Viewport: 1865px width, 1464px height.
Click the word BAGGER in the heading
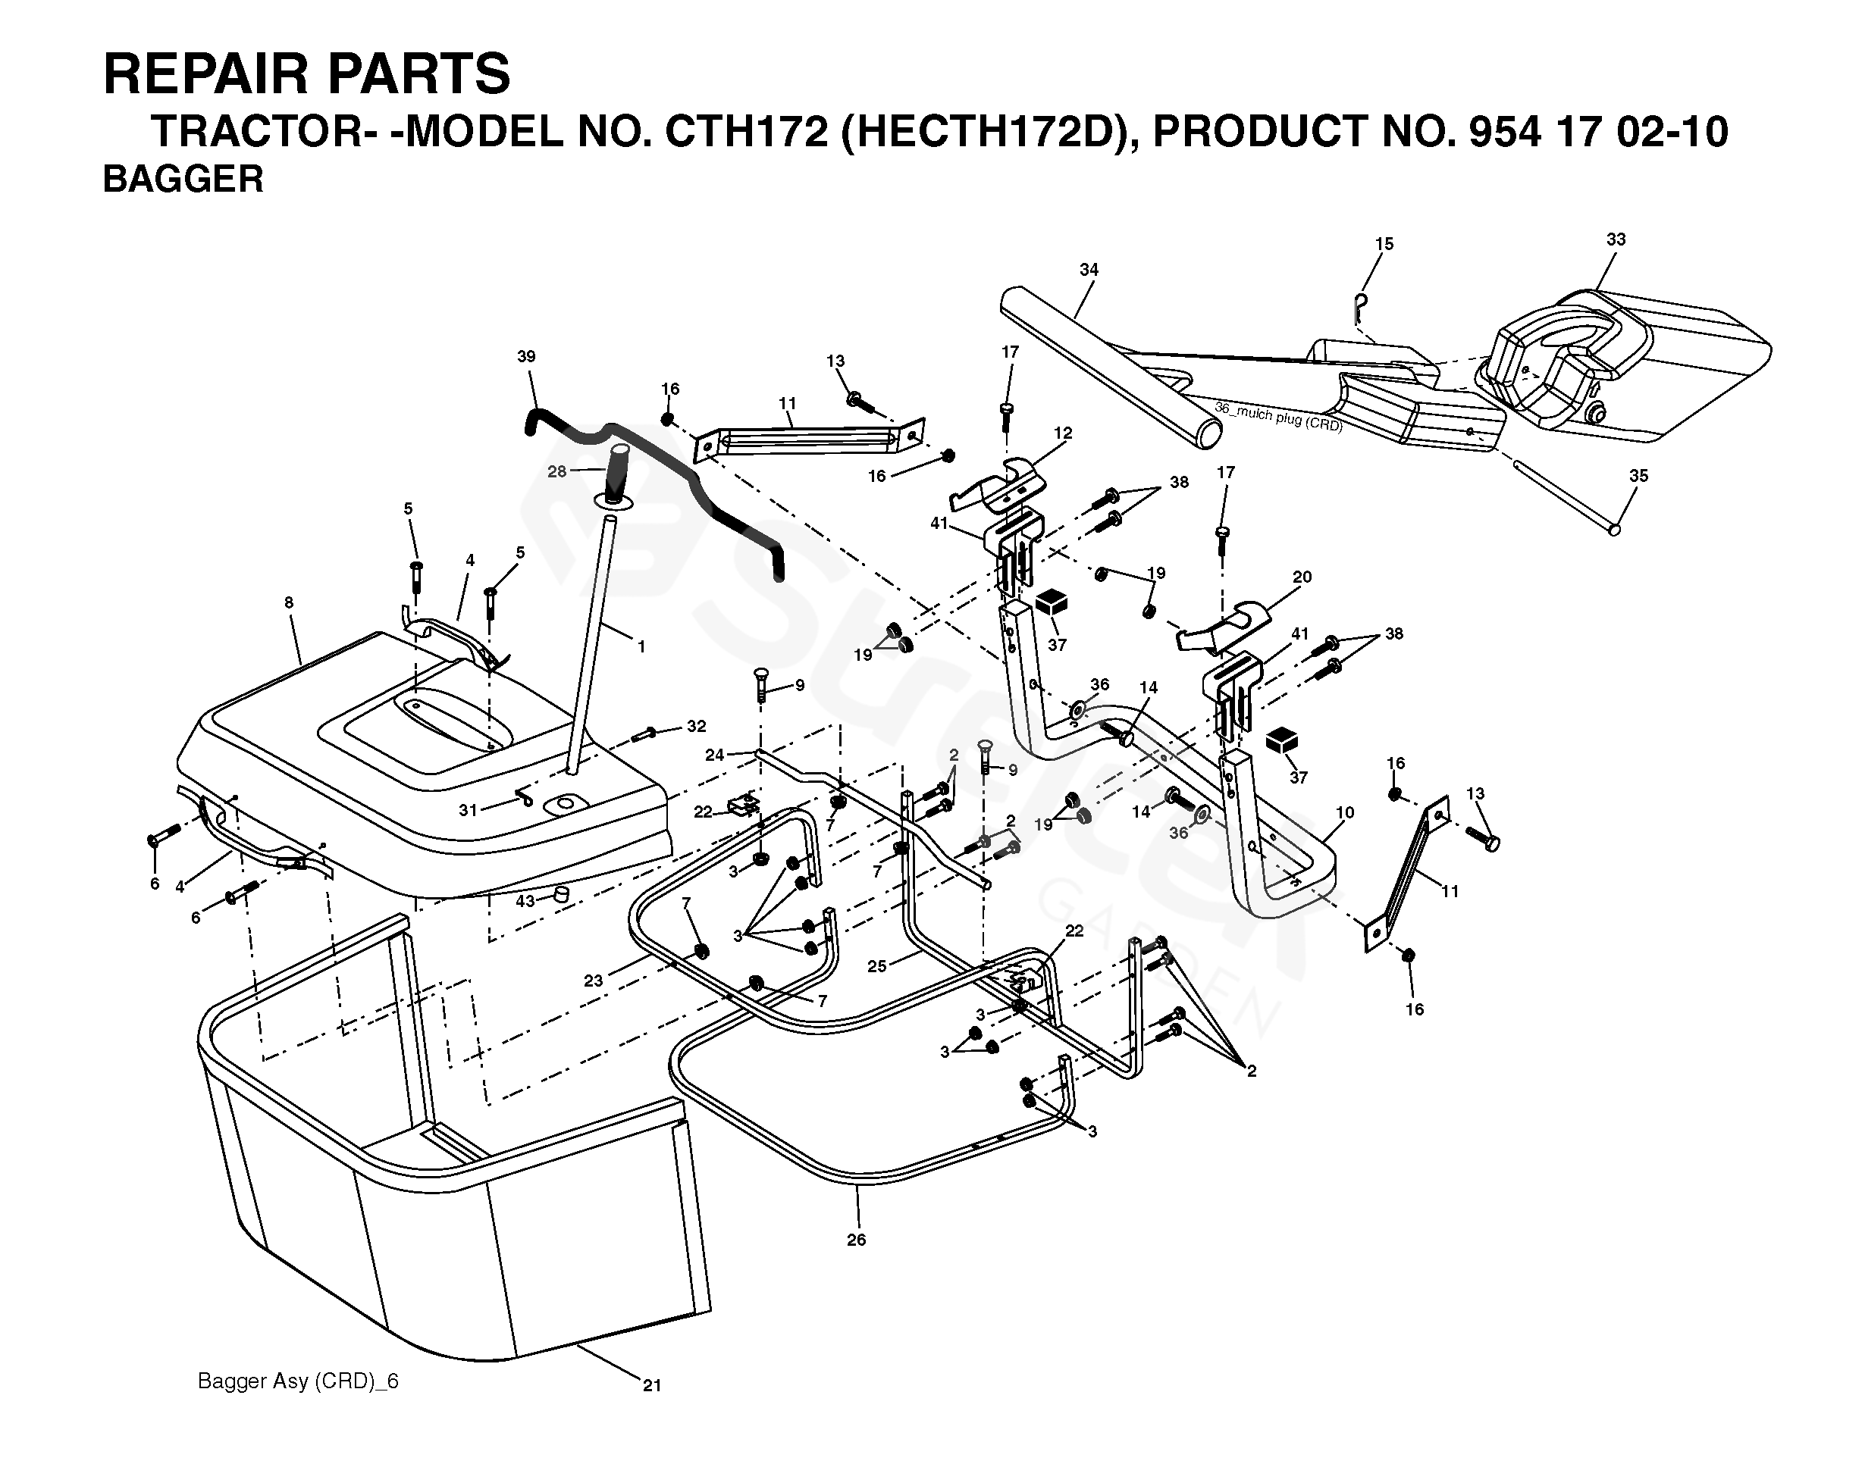(183, 179)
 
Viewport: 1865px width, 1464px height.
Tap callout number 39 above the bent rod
(526, 357)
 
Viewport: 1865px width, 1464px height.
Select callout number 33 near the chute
(1616, 240)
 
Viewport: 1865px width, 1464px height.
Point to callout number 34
(1088, 270)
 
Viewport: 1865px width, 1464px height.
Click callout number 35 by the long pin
(1638, 476)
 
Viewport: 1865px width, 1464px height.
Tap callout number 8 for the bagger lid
(289, 603)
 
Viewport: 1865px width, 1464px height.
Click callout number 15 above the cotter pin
(1384, 244)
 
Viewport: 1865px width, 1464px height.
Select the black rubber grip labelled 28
(618, 477)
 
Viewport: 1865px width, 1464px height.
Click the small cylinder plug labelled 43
(562, 895)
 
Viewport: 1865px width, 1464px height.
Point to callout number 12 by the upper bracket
(1063, 433)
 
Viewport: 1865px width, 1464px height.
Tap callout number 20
(1302, 577)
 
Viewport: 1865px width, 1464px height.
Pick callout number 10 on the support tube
(1344, 812)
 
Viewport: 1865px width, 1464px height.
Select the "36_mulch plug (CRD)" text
(1278, 418)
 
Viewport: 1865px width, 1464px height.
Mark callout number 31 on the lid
(467, 810)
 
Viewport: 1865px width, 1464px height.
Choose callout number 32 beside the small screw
(696, 727)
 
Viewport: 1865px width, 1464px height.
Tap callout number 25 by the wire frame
(876, 967)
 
